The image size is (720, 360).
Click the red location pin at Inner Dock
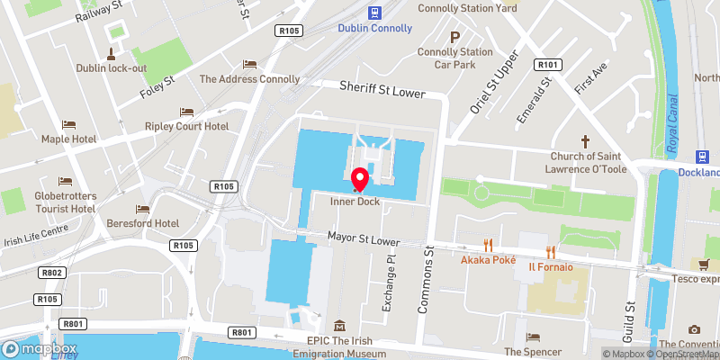(x=360, y=179)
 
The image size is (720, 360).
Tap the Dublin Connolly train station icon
(x=375, y=12)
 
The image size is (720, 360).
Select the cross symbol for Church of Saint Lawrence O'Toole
(x=585, y=141)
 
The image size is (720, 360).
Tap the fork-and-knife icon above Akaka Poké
(x=488, y=244)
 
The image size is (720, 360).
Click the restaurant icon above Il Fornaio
(x=551, y=252)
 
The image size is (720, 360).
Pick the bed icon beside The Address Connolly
(x=249, y=64)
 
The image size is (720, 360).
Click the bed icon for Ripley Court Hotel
(x=186, y=112)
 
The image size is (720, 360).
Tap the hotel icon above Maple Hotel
(x=68, y=124)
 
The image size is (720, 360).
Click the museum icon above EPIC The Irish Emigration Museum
(x=339, y=325)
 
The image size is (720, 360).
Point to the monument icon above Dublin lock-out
(x=112, y=52)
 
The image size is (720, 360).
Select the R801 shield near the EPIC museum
(x=242, y=333)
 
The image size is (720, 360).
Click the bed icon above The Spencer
(x=535, y=337)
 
